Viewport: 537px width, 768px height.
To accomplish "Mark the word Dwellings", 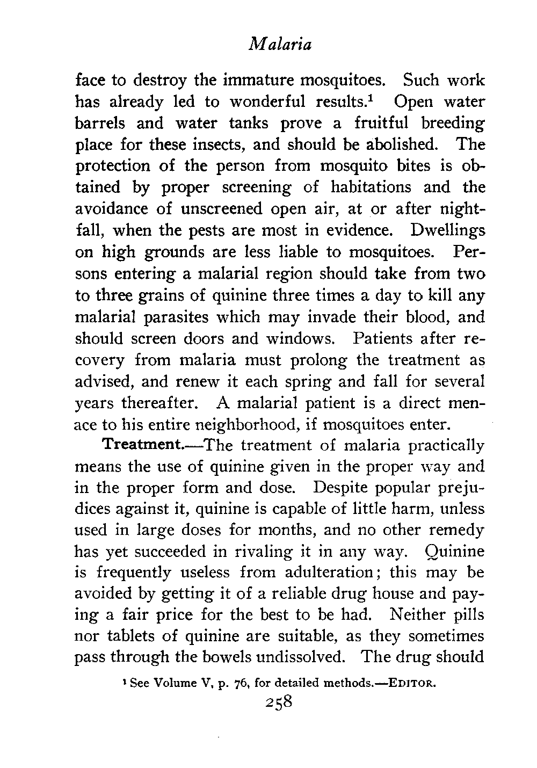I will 448,231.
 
